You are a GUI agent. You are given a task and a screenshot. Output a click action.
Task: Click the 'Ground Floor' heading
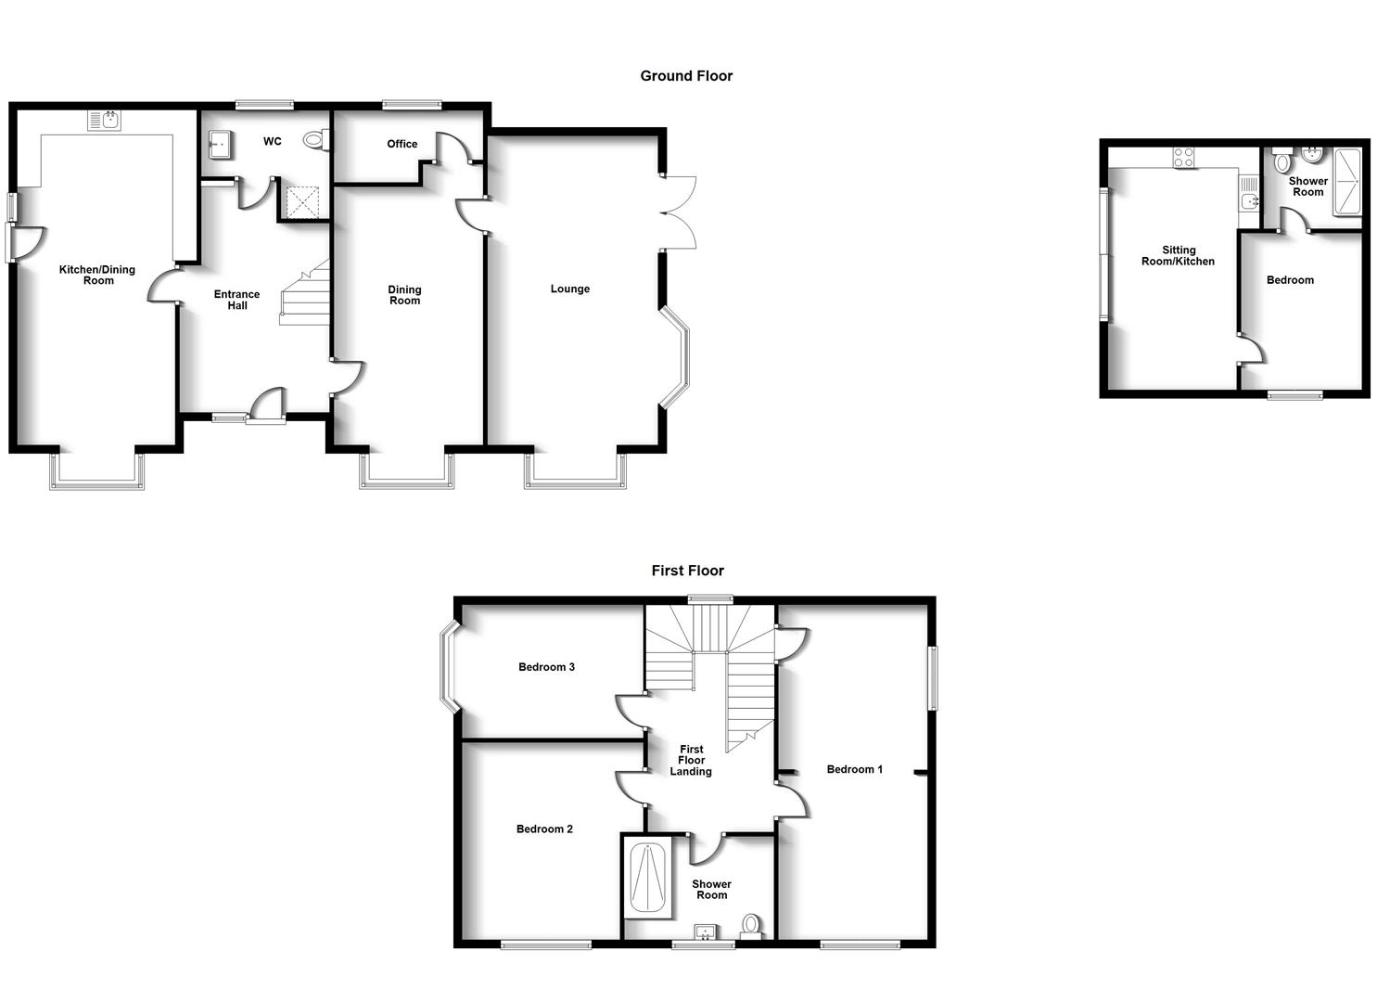(686, 76)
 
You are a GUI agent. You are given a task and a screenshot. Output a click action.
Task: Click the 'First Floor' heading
(687, 571)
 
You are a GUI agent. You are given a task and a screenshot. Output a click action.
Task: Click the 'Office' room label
(402, 144)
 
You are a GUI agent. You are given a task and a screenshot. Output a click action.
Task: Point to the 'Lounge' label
(570, 289)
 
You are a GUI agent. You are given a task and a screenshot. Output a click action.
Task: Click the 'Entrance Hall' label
(237, 300)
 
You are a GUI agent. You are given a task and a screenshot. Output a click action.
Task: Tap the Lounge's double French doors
(680, 212)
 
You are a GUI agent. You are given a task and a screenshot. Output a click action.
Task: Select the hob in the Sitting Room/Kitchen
(1184, 158)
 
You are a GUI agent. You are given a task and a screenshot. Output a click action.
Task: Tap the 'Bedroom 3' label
(547, 667)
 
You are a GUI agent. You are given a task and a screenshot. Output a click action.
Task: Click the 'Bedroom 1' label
(855, 769)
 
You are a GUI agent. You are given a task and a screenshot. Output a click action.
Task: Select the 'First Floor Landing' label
(692, 760)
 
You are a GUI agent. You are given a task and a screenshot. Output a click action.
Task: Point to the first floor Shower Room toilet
(751, 925)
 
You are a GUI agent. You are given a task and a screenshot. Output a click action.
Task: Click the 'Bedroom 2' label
(545, 829)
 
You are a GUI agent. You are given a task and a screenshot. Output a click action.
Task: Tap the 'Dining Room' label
(405, 295)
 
